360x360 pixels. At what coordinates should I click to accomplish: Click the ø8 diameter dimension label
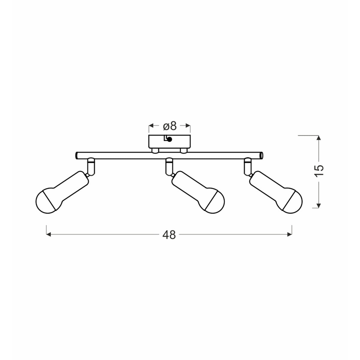pos(170,127)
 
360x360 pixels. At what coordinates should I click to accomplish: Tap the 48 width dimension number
pos(169,235)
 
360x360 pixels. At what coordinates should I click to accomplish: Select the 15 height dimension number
pos(319,170)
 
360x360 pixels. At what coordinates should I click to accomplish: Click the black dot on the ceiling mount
pos(169,139)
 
